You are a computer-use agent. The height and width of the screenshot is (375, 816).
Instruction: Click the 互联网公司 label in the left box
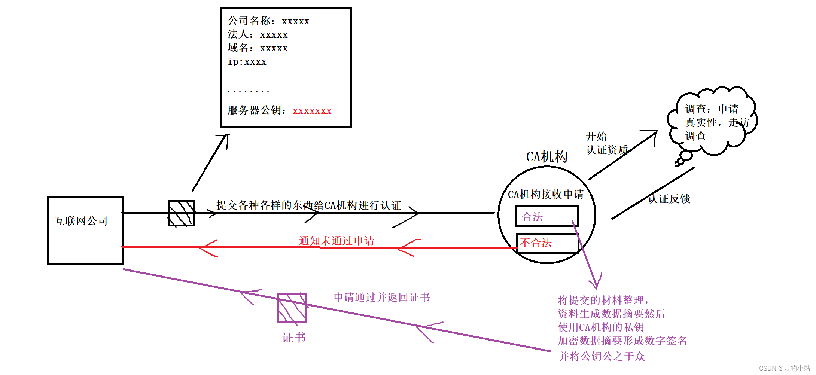(x=81, y=221)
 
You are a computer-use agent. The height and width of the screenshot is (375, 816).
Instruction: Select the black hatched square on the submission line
(x=181, y=213)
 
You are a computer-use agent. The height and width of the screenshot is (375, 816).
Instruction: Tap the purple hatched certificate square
(x=292, y=308)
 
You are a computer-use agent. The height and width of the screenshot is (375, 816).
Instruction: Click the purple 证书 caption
(x=294, y=338)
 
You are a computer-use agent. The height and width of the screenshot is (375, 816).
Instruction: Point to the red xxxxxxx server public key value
(x=312, y=111)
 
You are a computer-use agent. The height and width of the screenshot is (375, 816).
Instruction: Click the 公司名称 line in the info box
(x=268, y=21)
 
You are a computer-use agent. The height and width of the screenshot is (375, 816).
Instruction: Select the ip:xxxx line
(x=247, y=62)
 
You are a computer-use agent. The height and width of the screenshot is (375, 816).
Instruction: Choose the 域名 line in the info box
(x=258, y=48)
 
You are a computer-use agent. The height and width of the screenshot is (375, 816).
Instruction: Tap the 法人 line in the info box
(x=258, y=35)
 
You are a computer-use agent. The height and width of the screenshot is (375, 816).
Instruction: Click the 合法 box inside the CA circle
(x=546, y=216)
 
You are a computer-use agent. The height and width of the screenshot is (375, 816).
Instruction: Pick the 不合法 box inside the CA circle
(x=547, y=243)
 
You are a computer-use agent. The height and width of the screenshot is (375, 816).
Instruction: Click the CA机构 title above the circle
(x=546, y=157)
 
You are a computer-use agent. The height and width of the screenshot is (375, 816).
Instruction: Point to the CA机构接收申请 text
(x=546, y=194)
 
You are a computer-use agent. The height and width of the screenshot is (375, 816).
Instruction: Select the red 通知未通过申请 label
(x=337, y=241)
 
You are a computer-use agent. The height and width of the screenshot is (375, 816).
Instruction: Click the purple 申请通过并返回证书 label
(x=382, y=297)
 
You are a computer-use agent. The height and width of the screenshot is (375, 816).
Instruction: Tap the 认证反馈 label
(x=669, y=199)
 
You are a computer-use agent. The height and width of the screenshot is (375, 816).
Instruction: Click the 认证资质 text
(x=607, y=150)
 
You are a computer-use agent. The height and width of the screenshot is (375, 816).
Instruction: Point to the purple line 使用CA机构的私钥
(x=601, y=327)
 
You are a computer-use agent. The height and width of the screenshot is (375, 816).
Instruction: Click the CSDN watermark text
(x=784, y=368)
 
